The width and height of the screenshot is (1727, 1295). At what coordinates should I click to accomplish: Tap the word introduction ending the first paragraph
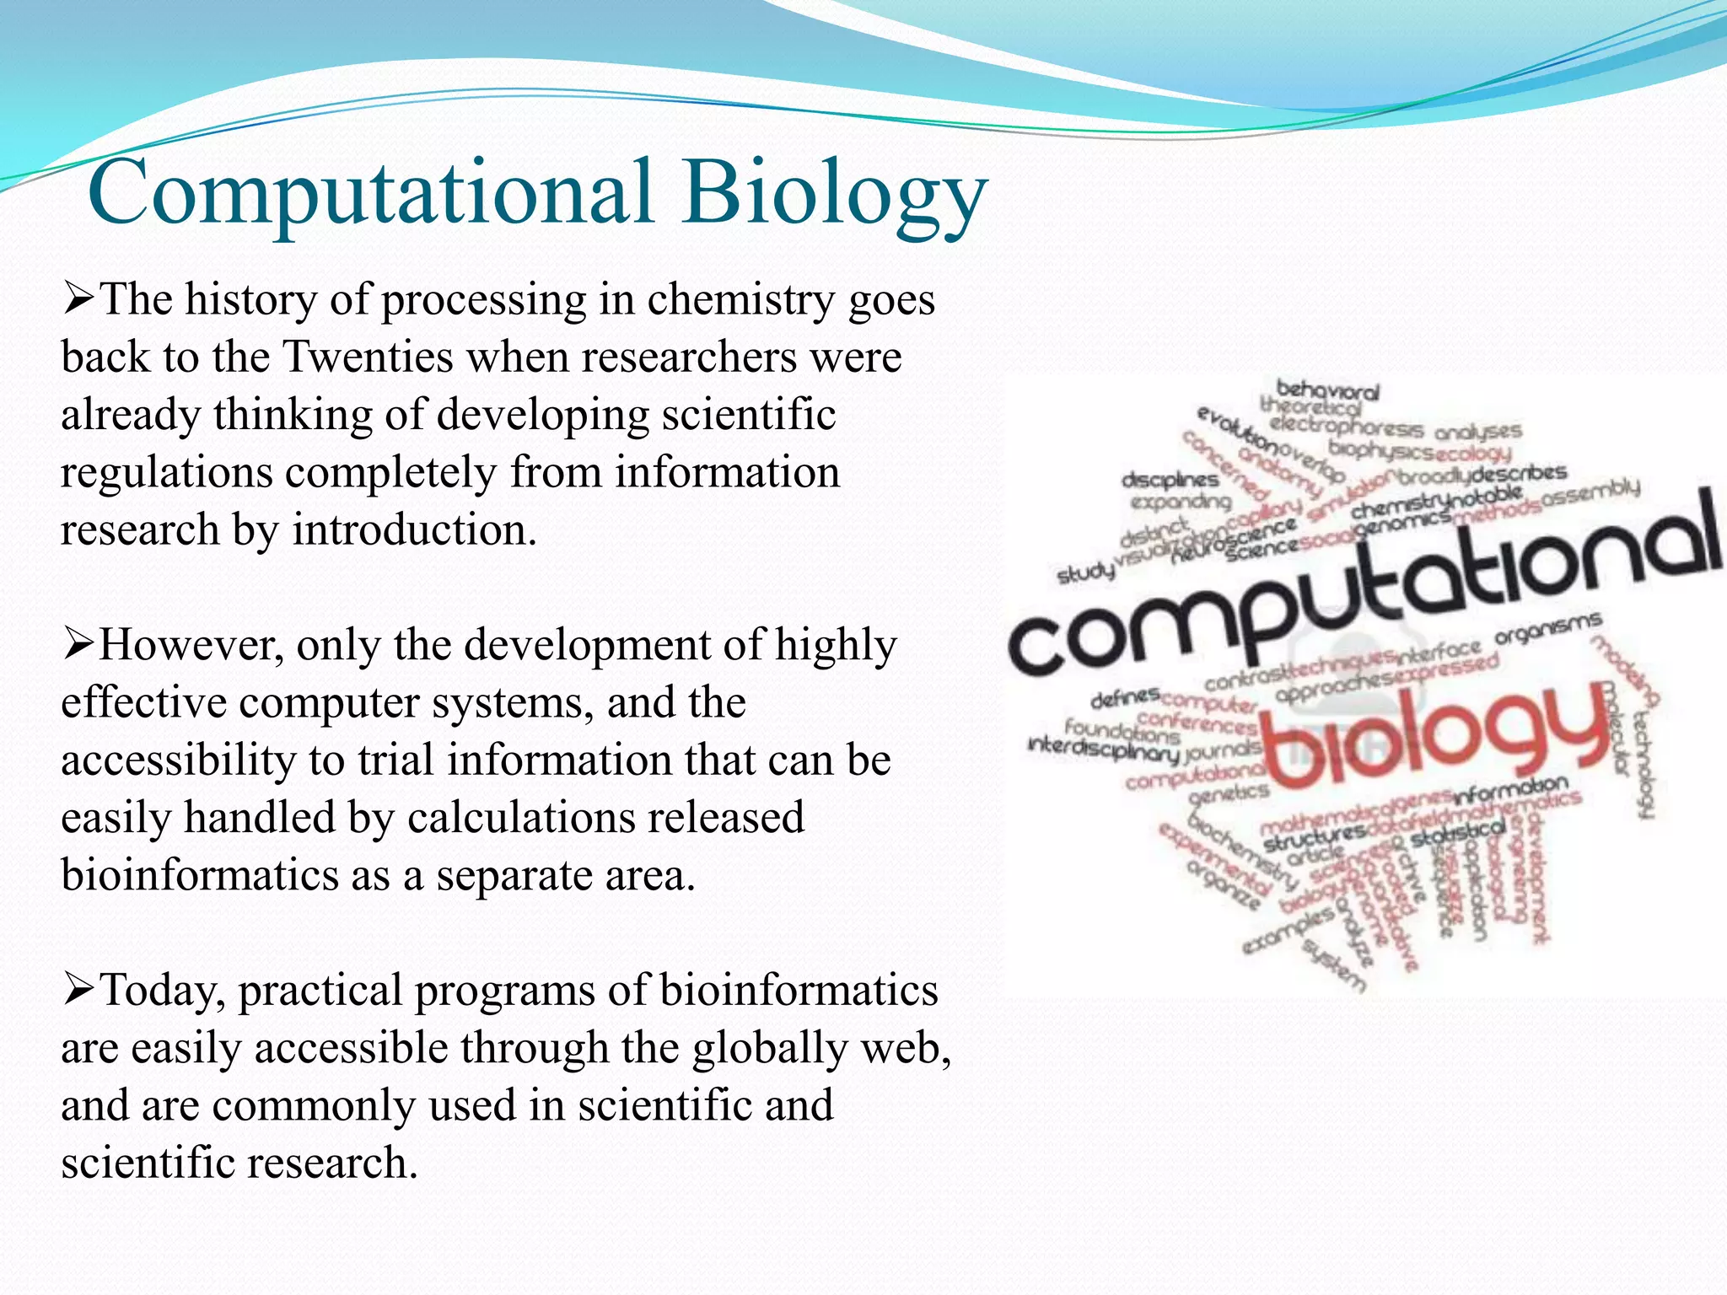414,530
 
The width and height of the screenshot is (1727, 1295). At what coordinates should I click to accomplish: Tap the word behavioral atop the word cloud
1327,390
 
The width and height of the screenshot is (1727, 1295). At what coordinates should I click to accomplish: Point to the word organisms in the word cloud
1547,629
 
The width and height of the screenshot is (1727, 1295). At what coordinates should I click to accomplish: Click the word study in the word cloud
1085,573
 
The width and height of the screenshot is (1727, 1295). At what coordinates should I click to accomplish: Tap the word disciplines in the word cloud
1170,480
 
